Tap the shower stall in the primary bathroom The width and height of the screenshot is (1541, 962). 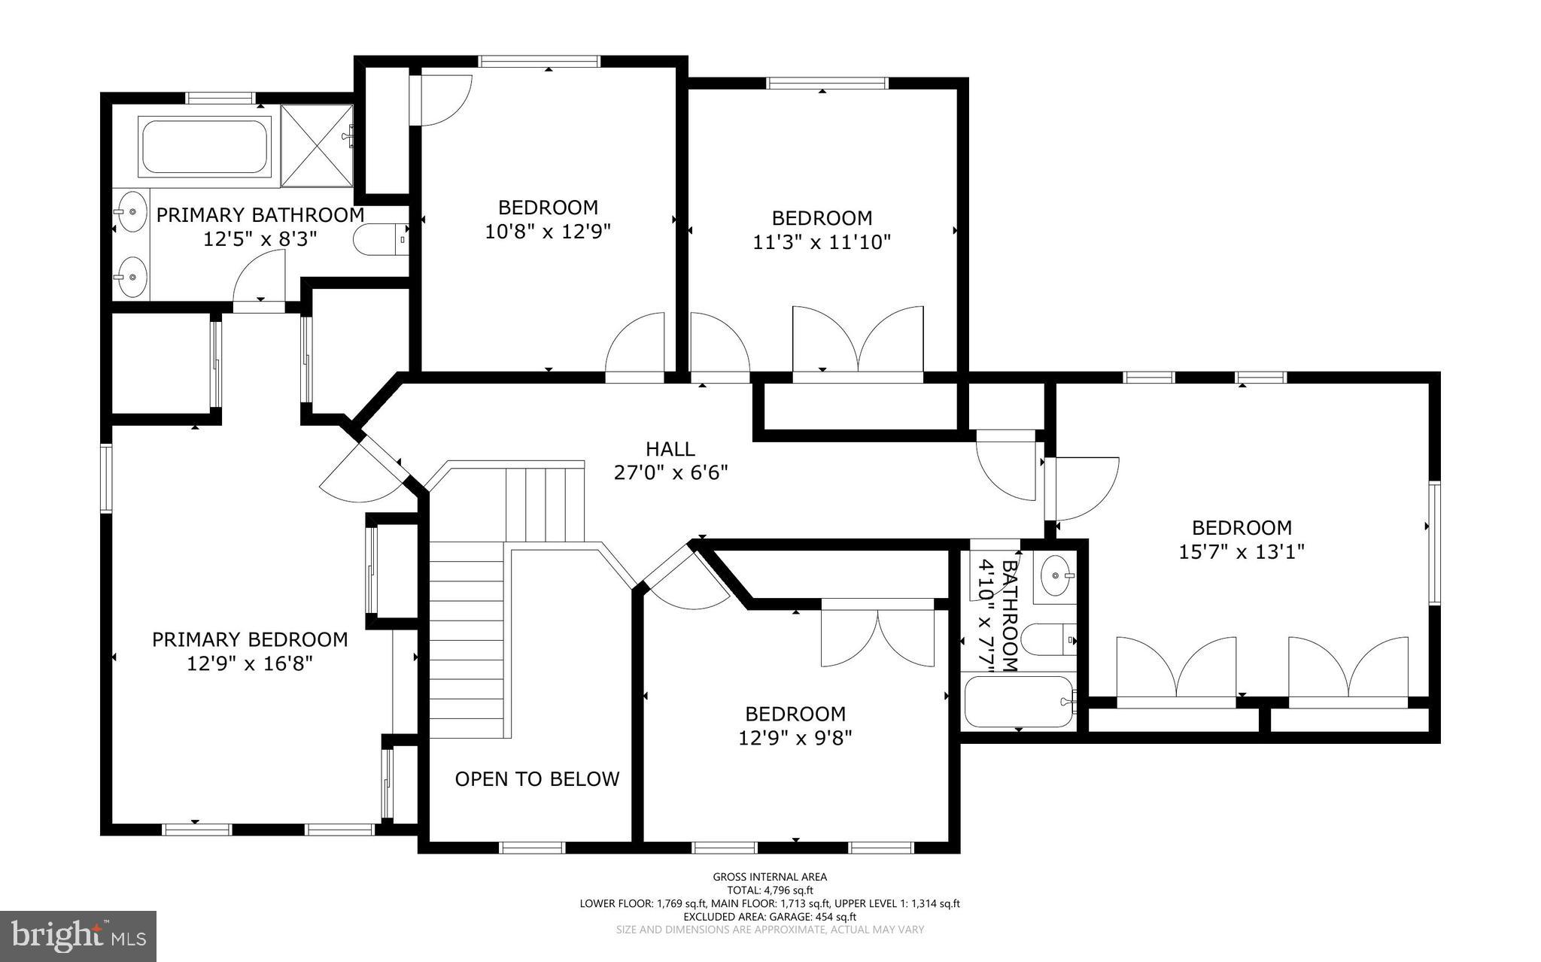[317, 146]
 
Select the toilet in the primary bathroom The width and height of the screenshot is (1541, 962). [381, 239]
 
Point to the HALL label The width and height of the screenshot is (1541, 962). [670, 450]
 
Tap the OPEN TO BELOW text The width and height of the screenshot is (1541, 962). [537, 779]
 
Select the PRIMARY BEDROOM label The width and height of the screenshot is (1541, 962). [250, 640]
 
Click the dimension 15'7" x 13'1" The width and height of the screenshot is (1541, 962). [1241, 552]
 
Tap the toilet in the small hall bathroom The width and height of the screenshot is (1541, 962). [1050, 639]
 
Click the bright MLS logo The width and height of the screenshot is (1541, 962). [78, 936]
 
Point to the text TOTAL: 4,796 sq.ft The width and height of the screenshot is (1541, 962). [770, 891]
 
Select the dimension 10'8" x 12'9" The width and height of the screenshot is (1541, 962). [547, 232]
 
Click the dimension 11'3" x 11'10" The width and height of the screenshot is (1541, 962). [822, 242]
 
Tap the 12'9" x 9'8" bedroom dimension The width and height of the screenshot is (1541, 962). [795, 738]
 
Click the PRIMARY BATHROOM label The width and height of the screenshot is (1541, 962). [260, 215]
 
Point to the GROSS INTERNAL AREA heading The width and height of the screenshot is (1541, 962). [770, 877]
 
